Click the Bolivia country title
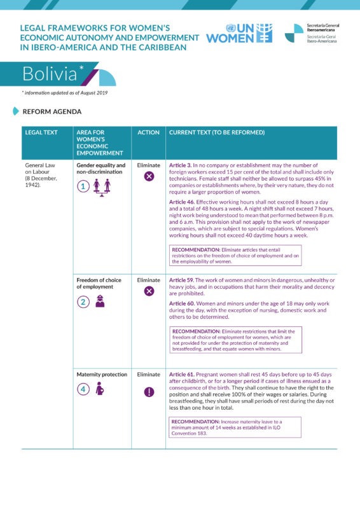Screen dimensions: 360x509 pyautogui.click(x=50, y=74)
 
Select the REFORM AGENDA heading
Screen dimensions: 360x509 pyautogui.click(x=52, y=111)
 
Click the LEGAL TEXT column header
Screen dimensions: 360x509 pyautogui.click(x=41, y=132)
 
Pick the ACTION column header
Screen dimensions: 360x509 pyautogui.click(x=148, y=132)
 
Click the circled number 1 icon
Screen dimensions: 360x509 pyautogui.click(x=83, y=186)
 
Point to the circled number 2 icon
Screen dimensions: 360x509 pyautogui.click(x=83, y=302)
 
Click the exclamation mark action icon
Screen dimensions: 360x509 pyautogui.click(x=149, y=391)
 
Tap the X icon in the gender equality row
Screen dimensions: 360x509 pyautogui.click(x=149, y=176)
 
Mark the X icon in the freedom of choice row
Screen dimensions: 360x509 pyautogui.click(x=149, y=291)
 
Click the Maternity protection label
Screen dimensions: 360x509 pyautogui.click(x=102, y=375)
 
